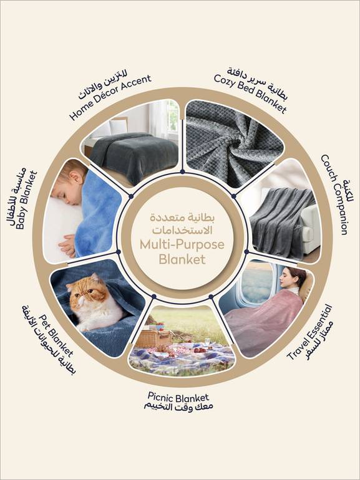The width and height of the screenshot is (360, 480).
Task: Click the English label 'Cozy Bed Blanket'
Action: coord(250,94)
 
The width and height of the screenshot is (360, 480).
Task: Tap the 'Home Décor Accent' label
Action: coord(110,97)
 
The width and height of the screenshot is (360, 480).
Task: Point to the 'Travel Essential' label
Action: coord(309,332)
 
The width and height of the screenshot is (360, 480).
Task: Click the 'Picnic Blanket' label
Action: coord(178,397)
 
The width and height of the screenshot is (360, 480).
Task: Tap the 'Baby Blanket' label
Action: coord(27,200)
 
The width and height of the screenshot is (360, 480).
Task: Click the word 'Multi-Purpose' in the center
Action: coord(182,244)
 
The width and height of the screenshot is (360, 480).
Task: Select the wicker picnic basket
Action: coord(154,337)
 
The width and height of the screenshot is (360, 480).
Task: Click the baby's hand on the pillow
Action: coord(67,246)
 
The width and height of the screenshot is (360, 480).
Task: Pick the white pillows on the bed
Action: coord(111,128)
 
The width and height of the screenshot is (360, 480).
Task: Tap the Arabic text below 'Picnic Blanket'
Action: coord(178,407)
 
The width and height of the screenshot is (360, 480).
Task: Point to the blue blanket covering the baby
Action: coord(97,211)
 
